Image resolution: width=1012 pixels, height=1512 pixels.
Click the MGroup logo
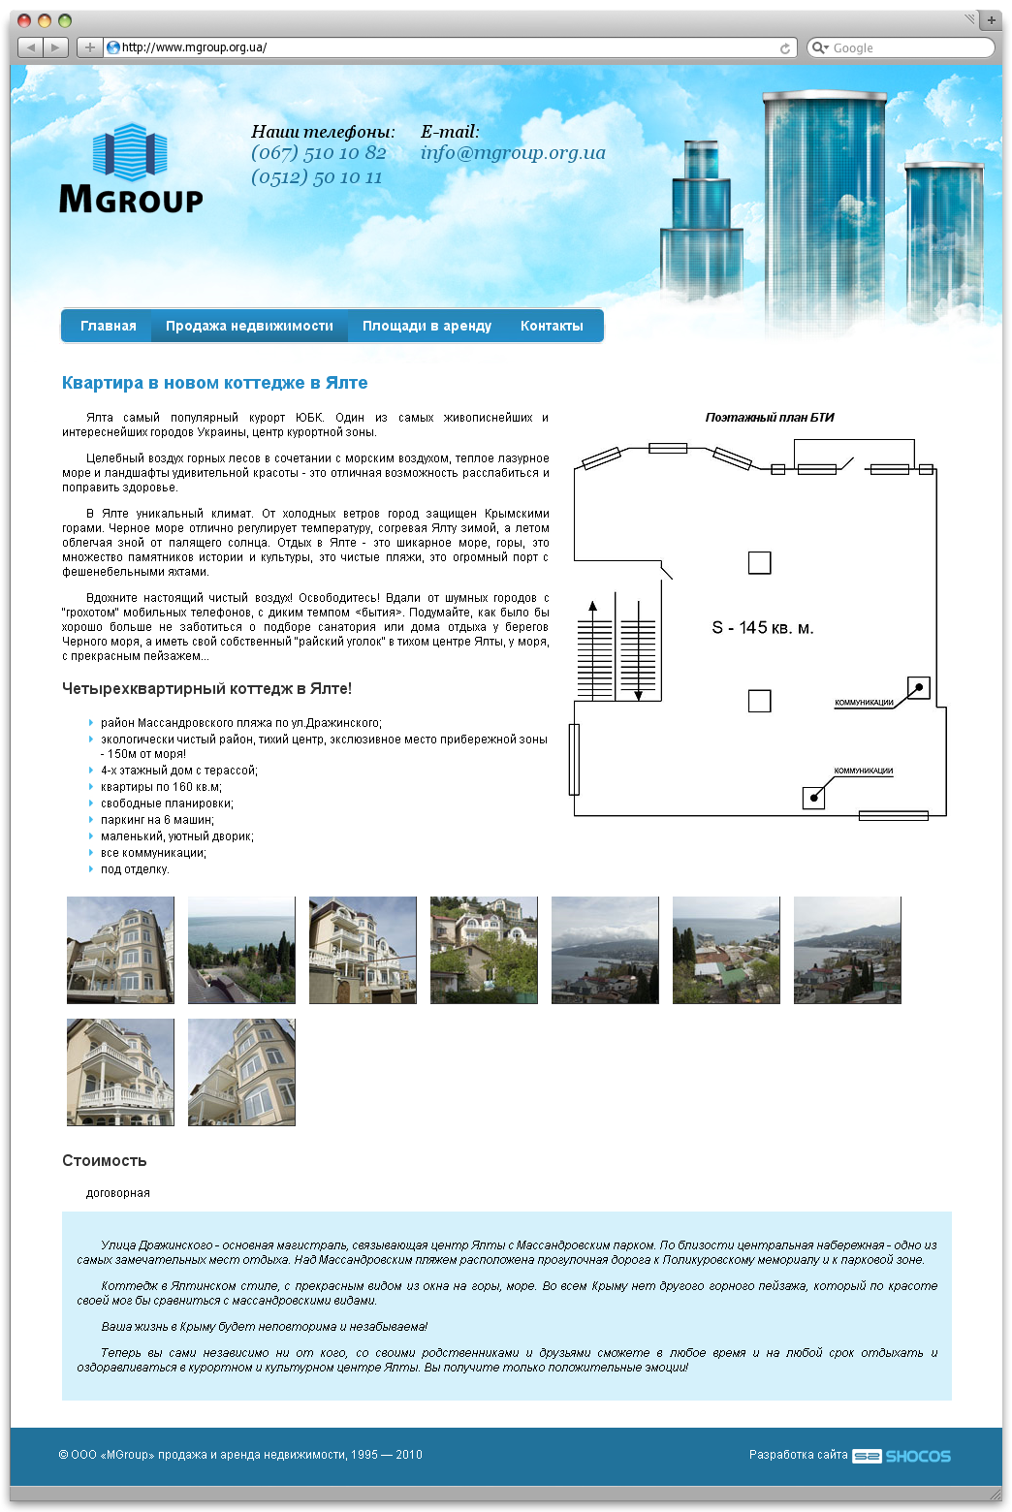131,169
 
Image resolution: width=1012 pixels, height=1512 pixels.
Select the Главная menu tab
108,326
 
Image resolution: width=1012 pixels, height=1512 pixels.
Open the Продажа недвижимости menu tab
249,326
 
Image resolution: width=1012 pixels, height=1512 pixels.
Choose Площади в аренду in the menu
427,326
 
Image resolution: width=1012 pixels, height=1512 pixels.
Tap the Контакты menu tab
552,326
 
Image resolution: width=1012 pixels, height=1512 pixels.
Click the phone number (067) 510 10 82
318,153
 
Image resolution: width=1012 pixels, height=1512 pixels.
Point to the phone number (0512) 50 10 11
316,177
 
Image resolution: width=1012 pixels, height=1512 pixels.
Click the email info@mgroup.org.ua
512,153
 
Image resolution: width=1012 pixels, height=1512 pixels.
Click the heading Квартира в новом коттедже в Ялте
214,383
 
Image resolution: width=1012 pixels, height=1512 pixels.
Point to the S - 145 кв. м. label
762,628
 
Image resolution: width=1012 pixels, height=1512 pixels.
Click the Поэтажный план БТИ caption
769,418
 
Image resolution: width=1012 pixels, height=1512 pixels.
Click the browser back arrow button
30,47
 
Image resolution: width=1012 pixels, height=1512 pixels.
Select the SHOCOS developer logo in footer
901,1456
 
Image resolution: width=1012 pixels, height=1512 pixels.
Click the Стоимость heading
104,1160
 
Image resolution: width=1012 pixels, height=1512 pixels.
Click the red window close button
24,20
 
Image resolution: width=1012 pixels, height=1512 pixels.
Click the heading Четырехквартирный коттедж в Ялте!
206,689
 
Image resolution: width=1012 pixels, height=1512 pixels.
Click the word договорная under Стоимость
117,1193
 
